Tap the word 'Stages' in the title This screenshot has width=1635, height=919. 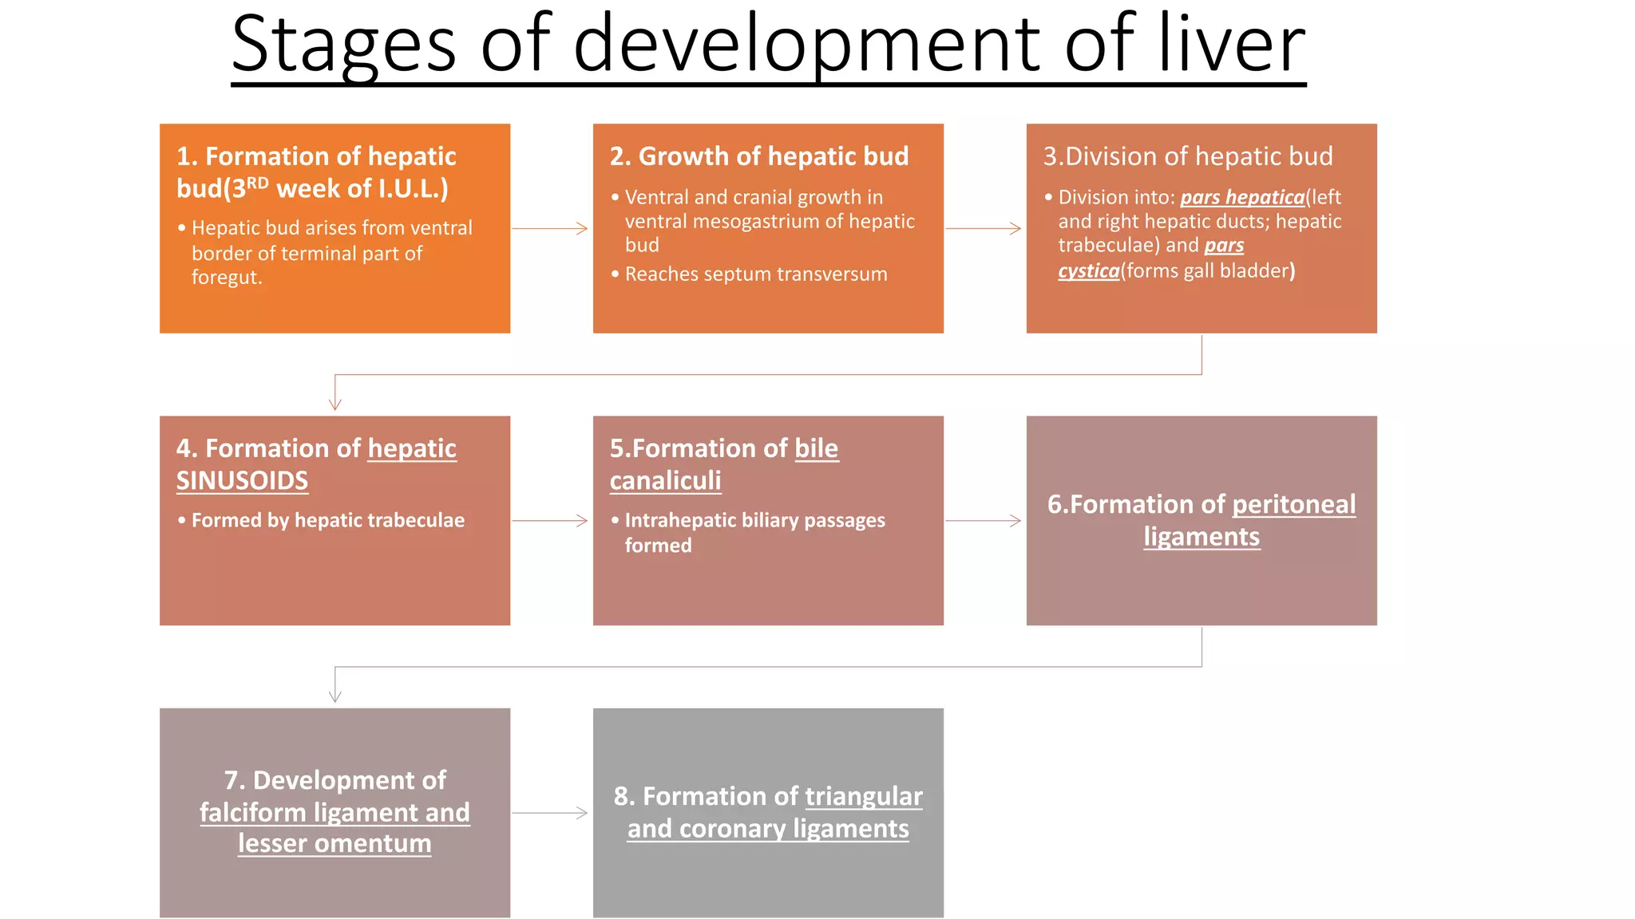343,46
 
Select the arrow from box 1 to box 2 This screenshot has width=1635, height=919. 551,229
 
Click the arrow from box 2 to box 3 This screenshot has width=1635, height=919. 984,229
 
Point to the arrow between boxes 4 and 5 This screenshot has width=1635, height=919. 551,521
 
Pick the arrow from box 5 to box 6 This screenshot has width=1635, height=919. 984,521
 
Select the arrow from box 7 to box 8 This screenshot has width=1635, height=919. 551,813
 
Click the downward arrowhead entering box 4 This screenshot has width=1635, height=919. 335,404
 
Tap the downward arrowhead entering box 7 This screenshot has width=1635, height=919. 335,696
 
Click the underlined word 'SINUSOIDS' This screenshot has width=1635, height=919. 242,481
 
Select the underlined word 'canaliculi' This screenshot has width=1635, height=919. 665,481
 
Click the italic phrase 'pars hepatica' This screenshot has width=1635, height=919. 1242,197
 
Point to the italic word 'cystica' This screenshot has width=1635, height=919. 1088,271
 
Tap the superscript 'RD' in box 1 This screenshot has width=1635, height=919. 257,183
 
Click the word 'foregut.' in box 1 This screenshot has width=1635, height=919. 227,278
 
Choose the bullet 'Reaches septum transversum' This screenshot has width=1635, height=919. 755,274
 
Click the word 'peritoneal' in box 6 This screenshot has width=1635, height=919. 1293,504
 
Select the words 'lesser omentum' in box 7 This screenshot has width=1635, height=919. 335,844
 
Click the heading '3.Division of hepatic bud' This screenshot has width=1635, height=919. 1188,156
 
